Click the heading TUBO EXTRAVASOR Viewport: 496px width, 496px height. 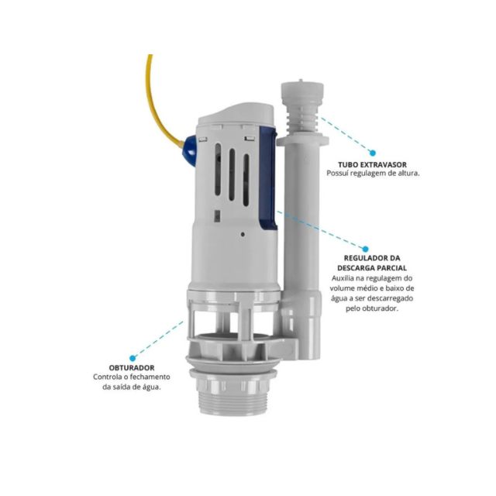[x=372, y=165]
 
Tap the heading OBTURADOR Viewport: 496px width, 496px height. [x=132, y=368]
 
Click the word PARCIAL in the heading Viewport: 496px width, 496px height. [x=391, y=268]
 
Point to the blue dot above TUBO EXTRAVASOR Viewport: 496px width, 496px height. [x=373, y=153]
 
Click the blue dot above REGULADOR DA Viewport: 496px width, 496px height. [x=365, y=249]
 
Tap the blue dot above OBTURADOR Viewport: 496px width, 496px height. [x=133, y=358]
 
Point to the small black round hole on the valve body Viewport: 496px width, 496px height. [x=243, y=234]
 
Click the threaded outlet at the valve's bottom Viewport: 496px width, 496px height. [x=233, y=401]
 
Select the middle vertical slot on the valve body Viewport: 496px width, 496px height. [x=232, y=174]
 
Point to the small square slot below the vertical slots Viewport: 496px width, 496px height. [x=218, y=215]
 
